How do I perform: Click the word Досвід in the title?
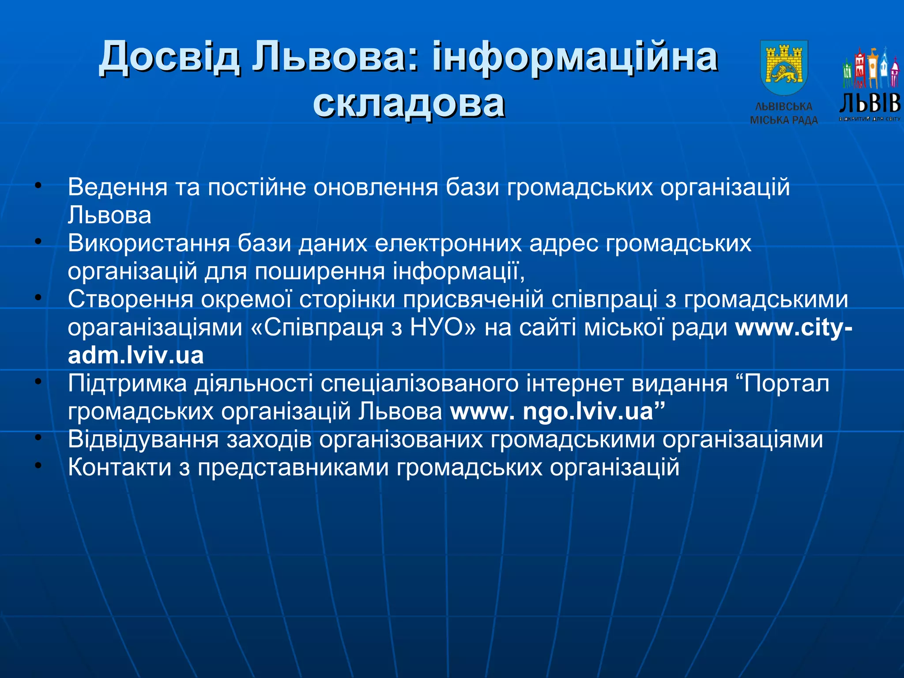tap(170, 57)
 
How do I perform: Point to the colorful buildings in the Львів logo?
tap(870, 68)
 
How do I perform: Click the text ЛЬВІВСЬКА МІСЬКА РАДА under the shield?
tap(783, 113)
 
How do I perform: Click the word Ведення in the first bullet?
tap(117, 187)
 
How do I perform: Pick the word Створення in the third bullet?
tap(131, 299)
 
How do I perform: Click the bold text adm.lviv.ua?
tap(136, 356)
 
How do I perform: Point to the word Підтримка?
tap(128, 384)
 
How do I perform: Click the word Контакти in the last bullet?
tap(120, 467)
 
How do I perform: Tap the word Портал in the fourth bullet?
tap(787, 384)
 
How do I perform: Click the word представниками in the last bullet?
tap(293, 468)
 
